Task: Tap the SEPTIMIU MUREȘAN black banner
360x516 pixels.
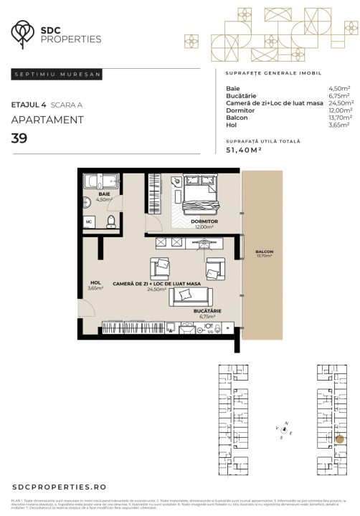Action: (57, 74)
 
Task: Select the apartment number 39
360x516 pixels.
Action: (19, 138)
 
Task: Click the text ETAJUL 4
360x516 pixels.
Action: (29, 105)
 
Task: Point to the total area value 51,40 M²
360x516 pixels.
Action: (244, 150)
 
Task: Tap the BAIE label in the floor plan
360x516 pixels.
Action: (105, 194)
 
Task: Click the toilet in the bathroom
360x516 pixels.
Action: (111, 223)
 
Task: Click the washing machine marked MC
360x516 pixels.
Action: (90, 222)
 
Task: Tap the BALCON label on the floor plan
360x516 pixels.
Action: (264, 252)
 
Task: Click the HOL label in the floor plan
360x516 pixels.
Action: (94, 282)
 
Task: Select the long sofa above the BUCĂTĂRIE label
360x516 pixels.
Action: (189, 296)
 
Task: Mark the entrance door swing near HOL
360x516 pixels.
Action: (88, 308)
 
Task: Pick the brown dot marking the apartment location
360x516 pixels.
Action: (340, 439)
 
